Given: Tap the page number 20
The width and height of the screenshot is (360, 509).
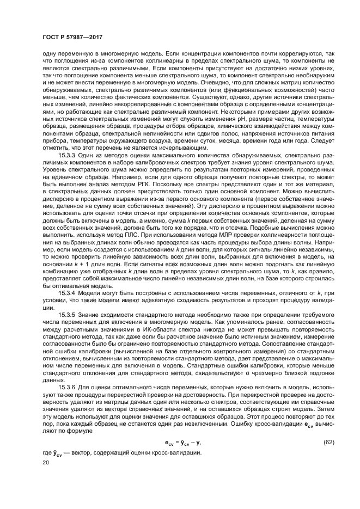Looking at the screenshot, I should [46, 462].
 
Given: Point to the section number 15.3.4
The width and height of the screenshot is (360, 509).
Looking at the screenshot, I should [68, 293].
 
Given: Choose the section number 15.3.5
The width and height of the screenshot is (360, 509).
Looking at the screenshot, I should [68, 315].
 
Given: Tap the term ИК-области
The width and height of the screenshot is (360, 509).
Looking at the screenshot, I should [153, 330].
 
